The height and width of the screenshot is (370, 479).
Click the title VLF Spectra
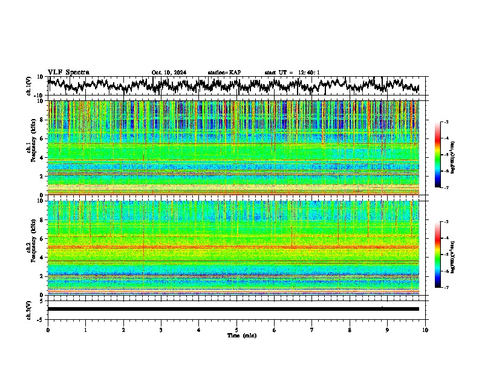(x=68, y=72)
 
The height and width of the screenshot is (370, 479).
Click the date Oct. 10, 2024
(x=169, y=73)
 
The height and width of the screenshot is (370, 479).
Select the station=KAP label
(x=224, y=73)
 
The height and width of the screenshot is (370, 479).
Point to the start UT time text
(x=292, y=73)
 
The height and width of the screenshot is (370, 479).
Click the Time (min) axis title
(x=241, y=335)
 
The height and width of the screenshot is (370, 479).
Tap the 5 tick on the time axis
(x=236, y=329)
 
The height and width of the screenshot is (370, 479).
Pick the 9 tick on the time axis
(x=388, y=329)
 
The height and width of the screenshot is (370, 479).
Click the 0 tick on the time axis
(x=48, y=329)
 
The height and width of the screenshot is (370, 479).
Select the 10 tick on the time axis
(x=425, y=329)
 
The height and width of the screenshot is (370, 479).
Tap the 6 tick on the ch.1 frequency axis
(x=42, y=138)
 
